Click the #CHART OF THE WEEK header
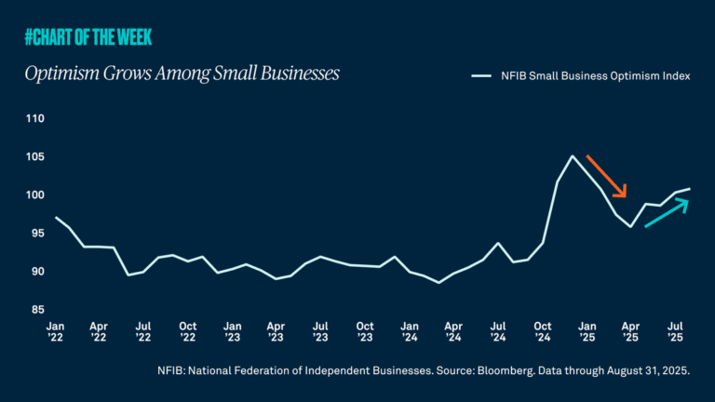pyautogui.click(x=88, y=37)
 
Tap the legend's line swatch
pyautogui.click(x=480, y=77)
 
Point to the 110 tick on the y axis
pyautogui.click(x=35, y=119)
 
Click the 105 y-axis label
pyautogui.click(x=35, y=157)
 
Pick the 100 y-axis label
pyautogui.click(x=35, y=195)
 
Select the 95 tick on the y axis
pyautogui.click(x=37, y=234)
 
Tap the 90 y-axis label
pyautogui.click(x=37, y=272)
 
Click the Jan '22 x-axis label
pyautogui.click(x=56, y=333)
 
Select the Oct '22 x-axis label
pyautogui.click(x=189, y=333)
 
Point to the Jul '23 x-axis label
pyautogui.click(x=321, y=333)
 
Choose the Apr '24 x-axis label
pyautogui.click(x=453, y=333)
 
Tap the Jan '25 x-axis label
pyautogui.click(x=587, y=333)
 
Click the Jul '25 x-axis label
pyautogui.click(x=675, y=333)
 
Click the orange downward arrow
pyautogui.click(x=606, y=177)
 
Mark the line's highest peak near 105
pyautogui.click(x=572, y=156)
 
